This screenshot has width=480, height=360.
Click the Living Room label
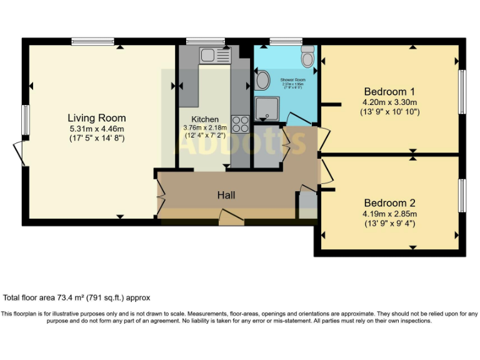[x=97, y=117]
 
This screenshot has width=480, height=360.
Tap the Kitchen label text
[x=205, y=119]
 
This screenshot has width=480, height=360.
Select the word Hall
[x=226, y=196]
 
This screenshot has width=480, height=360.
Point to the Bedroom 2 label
[x=390, y=203]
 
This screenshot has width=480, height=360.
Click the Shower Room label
[x=292, y=80]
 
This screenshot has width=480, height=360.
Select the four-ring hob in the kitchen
[x=240, y=124]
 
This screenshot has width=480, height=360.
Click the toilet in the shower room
[x=307, y=57]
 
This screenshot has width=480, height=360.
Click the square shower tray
[x=268, y=109]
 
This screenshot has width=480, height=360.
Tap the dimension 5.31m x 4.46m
[x=97, y=129]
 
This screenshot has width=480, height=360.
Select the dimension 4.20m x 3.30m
[x=390, y=102]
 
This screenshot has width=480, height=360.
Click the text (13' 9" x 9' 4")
[x=390, y=224]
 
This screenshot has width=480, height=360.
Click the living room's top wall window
[x=92, y=42]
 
